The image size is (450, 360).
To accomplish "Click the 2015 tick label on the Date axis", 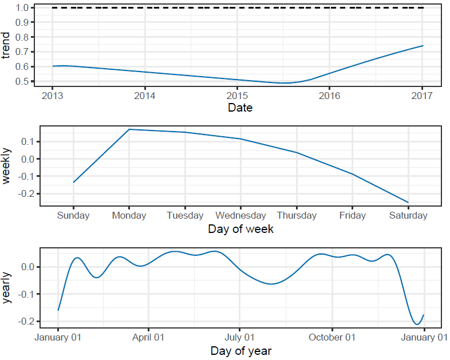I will coord(238,95).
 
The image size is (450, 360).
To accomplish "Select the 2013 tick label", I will coord(53,95).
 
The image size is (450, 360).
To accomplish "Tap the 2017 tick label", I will coord(423,95).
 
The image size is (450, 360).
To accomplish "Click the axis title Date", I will coord(240,107).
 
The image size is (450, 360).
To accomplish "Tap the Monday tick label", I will coord(129,216).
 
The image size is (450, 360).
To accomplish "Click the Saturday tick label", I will coord(408,216).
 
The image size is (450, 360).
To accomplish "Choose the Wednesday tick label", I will coord(240,216).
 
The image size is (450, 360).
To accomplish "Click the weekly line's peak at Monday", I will coord(129,129).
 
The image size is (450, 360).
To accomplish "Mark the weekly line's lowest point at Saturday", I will coord(408,202).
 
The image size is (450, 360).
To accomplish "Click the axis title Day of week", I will coord(240,229).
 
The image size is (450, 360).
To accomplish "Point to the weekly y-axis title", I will coord(7,166).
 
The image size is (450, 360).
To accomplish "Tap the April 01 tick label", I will coord(148,337).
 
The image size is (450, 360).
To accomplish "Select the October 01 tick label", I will coord(331,337).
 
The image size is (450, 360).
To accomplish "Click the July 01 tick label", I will coord(239,337).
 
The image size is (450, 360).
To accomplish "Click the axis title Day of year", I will coord(240,350).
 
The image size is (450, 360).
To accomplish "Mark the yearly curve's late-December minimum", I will coord(417,325).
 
